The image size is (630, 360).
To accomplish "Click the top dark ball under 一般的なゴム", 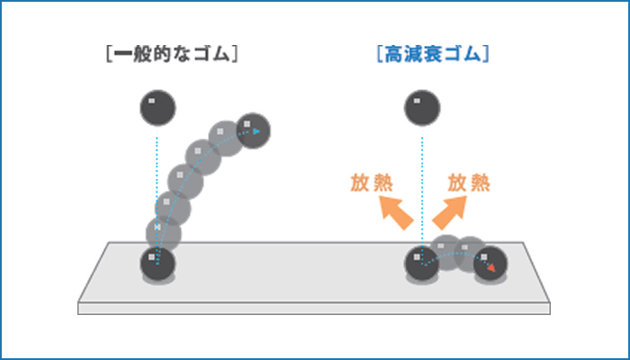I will (157, 109).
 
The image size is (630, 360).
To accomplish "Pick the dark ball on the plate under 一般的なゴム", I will (157, 265).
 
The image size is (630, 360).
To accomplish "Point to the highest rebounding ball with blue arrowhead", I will (253, 130).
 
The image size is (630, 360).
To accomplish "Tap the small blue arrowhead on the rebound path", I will (258, 131).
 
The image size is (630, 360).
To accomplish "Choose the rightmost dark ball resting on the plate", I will (490, 264).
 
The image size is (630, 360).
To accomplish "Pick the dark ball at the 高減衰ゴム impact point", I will (420, 264).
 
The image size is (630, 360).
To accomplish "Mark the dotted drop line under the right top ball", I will (419, 180).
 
